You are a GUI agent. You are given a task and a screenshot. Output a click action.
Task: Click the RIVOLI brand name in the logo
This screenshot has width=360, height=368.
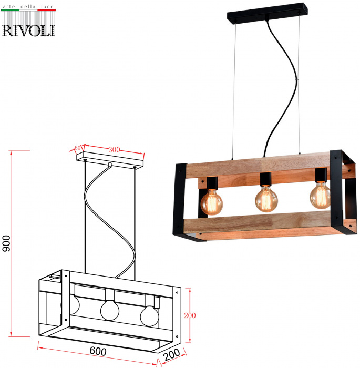(x=28, y=30)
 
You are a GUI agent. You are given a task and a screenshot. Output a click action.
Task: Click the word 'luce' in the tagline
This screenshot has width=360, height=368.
(x=47, y=6)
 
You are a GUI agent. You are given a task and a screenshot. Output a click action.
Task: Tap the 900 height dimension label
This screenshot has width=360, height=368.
(x=6, y=243)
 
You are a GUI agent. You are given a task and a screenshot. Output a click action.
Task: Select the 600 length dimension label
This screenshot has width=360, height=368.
(x=98, y=351)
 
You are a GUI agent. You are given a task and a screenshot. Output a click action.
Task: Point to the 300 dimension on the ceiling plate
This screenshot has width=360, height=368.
(x=114, y=149)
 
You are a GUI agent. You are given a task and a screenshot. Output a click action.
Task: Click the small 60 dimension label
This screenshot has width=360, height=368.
(x=77, y=148)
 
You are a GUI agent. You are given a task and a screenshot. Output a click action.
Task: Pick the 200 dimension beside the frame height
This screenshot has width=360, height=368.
(x=190, y=315)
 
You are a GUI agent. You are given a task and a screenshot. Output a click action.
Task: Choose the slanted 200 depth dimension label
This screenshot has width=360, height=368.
(x=171, y=355)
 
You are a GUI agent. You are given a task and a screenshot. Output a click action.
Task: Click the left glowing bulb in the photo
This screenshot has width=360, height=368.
(x=211, y=202)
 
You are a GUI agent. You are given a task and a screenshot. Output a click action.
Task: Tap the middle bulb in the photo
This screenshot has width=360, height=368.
(x=266, y=199)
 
